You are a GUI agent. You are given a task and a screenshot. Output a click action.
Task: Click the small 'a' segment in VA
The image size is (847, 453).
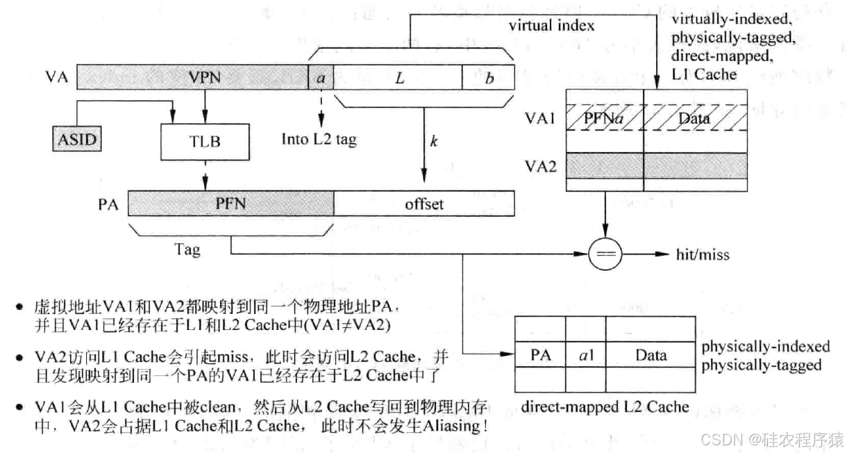(321, 78)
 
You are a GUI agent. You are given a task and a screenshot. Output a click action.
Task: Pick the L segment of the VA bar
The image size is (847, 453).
(399, 78)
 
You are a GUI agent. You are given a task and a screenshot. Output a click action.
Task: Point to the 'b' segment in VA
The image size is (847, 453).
(489, 78)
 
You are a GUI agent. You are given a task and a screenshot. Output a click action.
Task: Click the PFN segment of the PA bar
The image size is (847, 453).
(230, 204)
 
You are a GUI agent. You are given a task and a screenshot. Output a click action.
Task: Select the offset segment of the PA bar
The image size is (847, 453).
(423, 204)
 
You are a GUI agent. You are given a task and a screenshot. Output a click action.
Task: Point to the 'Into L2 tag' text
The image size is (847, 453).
(319, 139)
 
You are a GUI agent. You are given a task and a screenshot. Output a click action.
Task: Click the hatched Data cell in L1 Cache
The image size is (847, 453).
(694, 119)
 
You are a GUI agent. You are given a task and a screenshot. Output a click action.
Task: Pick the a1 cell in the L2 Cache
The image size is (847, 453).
(585, 356)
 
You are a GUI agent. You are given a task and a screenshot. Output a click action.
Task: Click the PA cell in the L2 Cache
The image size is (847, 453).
(540, 356)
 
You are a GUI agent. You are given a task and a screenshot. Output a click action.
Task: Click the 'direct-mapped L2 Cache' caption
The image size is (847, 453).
(605, 406)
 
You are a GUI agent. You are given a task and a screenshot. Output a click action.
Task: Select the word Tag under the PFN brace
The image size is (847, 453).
(187, 249)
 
